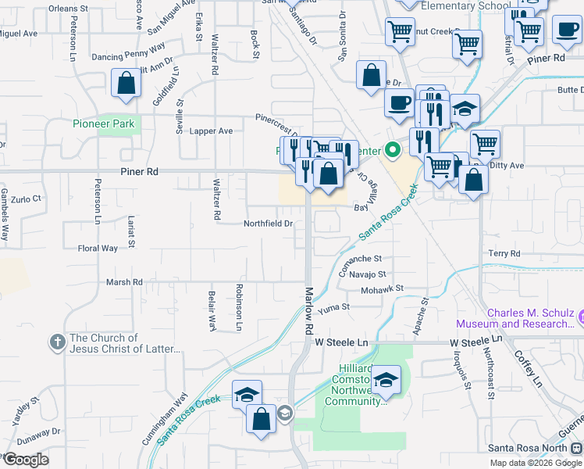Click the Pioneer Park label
click(104, 124)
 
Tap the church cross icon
click(57, 342)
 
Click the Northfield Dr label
click(268, 224)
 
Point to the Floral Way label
click(98, 249)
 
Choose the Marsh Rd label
click(125, 281)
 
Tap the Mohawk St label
click(382, 289)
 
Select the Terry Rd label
click(504, 254)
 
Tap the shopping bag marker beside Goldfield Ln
click(125, 84)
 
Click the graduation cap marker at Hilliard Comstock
click(385, 380)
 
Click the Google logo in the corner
click(25, 460)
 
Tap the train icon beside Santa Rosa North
click(576, 448)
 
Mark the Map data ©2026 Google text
click(536, 463)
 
